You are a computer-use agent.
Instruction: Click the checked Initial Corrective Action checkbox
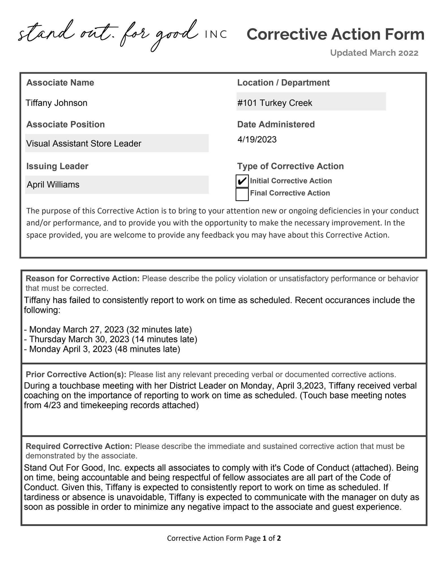(242, 181)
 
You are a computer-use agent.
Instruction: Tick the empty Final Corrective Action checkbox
(242, 194)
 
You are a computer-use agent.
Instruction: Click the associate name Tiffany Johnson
(57, 103)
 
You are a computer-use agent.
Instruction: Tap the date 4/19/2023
(257, 139)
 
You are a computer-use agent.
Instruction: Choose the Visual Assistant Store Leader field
(117, 143)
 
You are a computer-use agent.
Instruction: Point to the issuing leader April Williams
(117, 185)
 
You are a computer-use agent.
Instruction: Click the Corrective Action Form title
(335, 34)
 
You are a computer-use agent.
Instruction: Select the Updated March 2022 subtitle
(374, 53)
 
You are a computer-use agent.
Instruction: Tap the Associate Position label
(65, 124)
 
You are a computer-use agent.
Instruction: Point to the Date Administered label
(276, 124)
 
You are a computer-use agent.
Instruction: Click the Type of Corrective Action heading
(290, 166)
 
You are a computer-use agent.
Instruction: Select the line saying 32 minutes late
(108, 330)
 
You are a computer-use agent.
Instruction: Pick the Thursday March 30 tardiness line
(110, 339)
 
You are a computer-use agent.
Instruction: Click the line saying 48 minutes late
(102, 349)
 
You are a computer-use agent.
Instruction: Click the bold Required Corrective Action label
(79, 446)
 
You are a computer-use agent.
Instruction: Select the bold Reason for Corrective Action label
(83, 279)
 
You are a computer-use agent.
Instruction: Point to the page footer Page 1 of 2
(224, 538)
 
